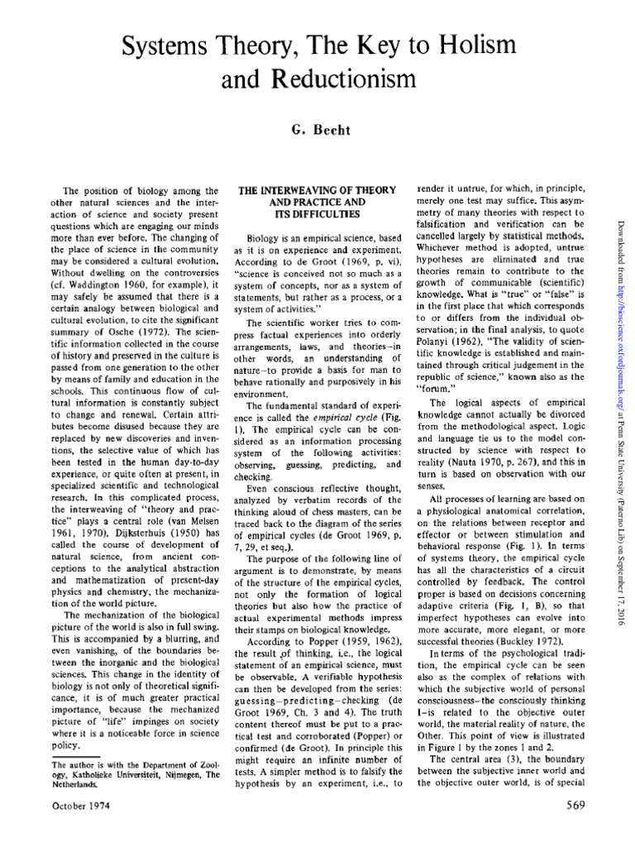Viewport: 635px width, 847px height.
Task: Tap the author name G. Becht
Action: [x=317, y=130]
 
